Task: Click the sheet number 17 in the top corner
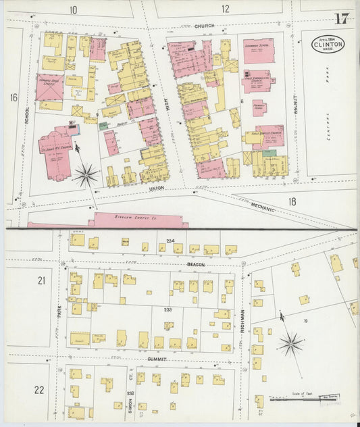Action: (342, 18)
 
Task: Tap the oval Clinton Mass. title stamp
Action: (328, 44)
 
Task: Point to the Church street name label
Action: (204, 26)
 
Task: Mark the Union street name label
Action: (157, 188)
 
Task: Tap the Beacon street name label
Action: (196, 264)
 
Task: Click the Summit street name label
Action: (157, 359)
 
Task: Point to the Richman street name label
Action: (242, 318)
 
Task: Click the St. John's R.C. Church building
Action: (57, 152)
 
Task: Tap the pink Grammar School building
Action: (259, 51)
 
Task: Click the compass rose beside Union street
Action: (86, 175)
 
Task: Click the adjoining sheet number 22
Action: (39, 390)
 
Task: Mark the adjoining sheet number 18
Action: (292, 201)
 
